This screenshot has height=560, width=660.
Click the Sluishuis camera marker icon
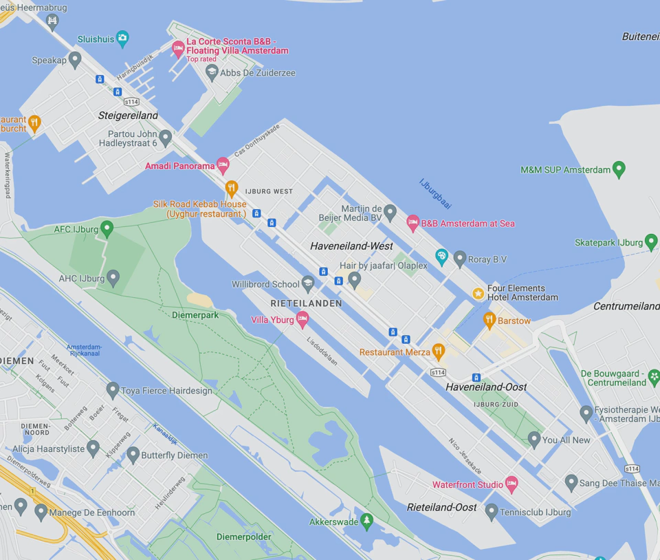(122, 39)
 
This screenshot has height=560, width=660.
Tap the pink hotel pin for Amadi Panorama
(223, 164)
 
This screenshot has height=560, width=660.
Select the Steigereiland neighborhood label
(128, 116)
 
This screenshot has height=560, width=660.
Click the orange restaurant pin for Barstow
(489, 319)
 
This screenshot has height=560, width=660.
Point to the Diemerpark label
(195, 315)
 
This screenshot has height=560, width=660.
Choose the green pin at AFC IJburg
(107, 228)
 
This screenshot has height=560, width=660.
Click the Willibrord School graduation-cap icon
(308, 283)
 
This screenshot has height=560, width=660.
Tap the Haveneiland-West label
(351, 246)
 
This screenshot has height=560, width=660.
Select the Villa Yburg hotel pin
(302, 319)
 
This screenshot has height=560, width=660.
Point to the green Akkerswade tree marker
(367, 521)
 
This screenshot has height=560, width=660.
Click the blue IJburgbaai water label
(436, 193)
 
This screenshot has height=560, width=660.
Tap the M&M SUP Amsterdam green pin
(619, 169)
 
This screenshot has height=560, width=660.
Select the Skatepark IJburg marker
(651, 241)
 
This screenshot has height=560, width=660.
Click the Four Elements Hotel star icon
(478, 293)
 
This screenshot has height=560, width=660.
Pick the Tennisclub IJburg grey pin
(491, 511)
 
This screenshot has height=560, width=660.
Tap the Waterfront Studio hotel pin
(511, 484)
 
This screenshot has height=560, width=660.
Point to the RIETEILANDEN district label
(306, 303)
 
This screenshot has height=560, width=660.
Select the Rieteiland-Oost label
(441, 507)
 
